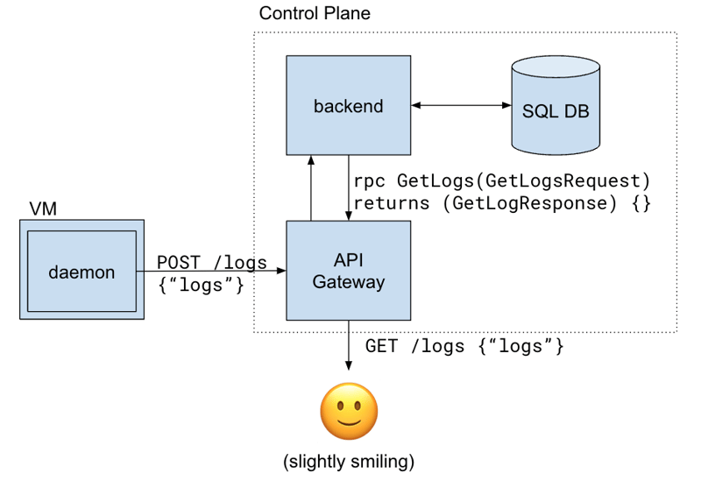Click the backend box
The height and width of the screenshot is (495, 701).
(349, 106)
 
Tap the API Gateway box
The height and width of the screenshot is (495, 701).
(349, 270)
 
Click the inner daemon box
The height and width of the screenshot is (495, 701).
(81, 272)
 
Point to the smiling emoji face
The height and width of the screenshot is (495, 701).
(349, 412)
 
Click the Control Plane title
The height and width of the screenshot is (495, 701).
(315, 14)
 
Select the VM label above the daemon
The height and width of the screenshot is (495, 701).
(43, 209)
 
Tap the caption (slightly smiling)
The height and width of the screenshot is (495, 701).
(349, 463)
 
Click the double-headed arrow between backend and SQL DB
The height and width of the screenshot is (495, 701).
(462, 105)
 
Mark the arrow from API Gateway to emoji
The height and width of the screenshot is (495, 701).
(349, 350)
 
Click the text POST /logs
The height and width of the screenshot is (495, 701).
(212, 263)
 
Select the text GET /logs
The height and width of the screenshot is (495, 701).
(414, 346)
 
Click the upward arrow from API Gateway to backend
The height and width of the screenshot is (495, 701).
(310, 188)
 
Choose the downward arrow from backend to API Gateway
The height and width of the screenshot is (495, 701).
(349, 188)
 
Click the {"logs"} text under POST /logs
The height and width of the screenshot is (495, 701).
(201, 285)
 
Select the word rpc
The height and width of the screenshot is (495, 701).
(370, 182)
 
